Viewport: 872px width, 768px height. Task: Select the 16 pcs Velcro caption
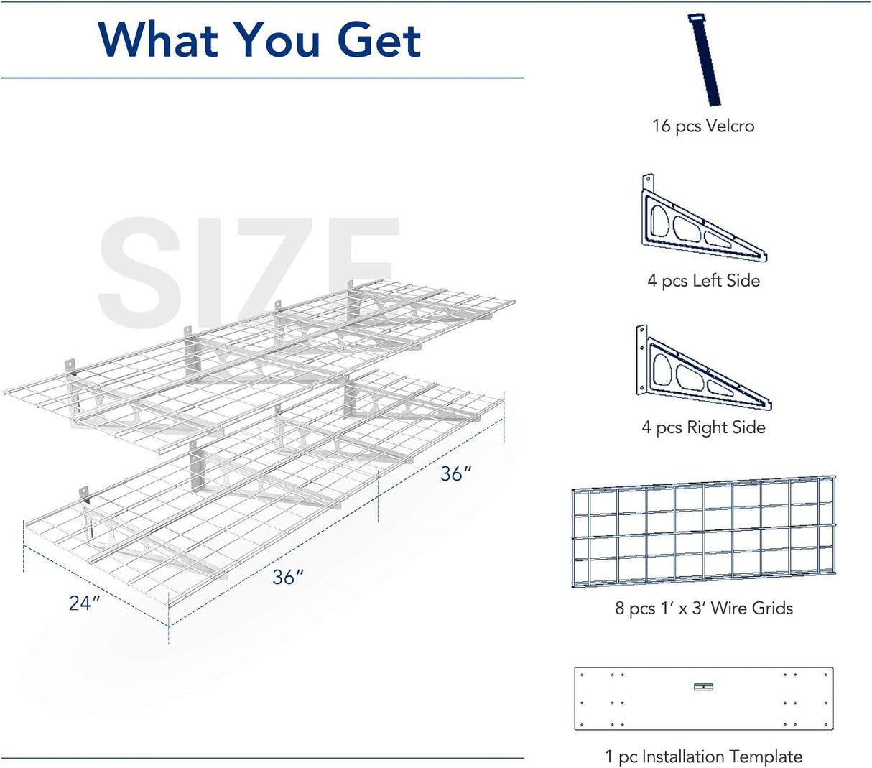click(702, 126)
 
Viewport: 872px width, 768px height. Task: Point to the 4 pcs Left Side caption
click(703, 281)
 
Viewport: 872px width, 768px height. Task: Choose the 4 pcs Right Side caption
click(703, 428)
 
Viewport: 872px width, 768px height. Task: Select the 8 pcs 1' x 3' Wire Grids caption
click(703, 609)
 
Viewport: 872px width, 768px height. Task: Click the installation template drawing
click(703, 698)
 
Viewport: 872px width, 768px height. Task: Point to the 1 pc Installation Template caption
click(703, 757)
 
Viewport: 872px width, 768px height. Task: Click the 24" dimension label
click(84, 603)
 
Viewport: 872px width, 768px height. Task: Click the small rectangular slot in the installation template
click(703, 687)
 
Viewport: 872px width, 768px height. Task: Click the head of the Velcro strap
click(695, 19)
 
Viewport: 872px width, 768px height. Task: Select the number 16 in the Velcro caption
click(661, 126)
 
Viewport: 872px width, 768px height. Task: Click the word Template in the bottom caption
click(768, 757)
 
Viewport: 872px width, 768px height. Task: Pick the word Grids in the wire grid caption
click(772, 609)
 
